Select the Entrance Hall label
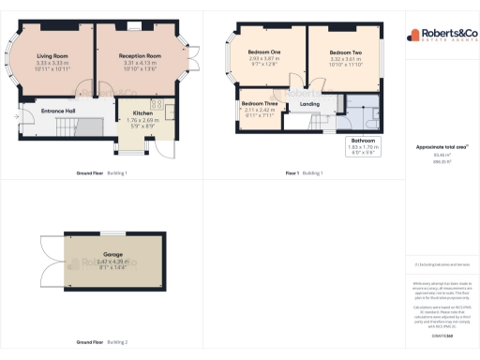pyautogui.click(x=58, y=112)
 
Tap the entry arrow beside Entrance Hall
pyautogui.click(x=19, y=118)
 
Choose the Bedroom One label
pyautogui.click(x=265, y=51)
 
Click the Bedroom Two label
pyautogui.click(x=346, y=51)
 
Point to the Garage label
pyautogui.click(x=112, y=254)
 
